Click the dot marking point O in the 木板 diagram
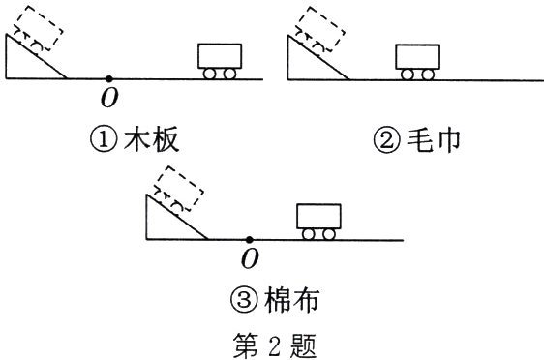(x=108, y=78)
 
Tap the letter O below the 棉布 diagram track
(x=250, y=258)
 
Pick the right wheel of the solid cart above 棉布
(x=328, y=233)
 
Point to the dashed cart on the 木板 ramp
(x=38, y=35)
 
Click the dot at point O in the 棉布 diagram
(x=249, y=238)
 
